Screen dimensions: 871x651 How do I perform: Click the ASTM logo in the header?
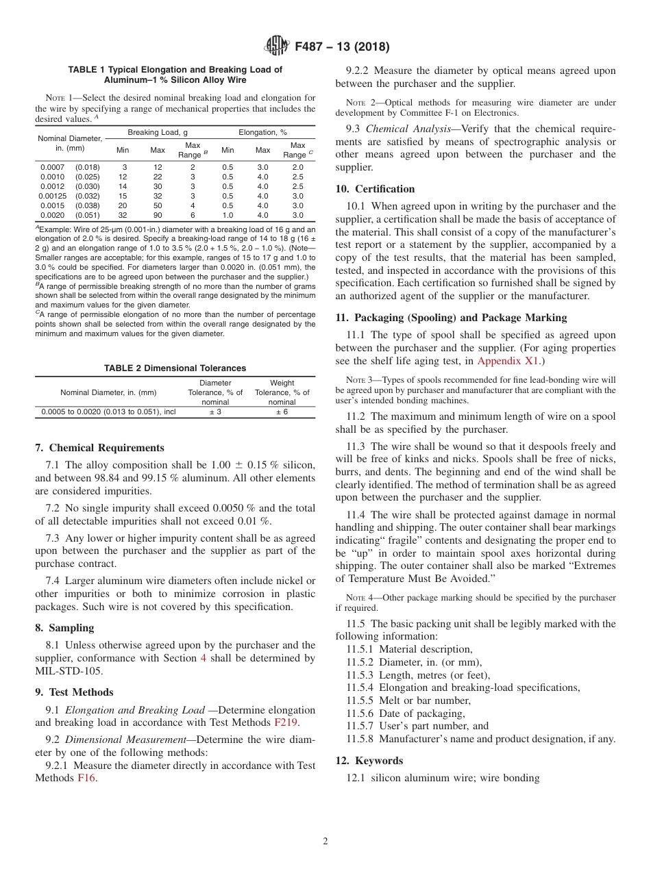[x=276, y=47]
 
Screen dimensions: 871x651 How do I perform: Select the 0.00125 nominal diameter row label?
[x=69, y=195]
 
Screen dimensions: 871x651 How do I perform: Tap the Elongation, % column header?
[x=263, y=131]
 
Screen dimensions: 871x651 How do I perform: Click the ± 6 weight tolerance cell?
[x=282, y=412]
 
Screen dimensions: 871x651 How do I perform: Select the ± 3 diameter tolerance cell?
[x=215, y=412]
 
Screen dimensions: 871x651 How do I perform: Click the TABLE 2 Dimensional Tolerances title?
[x=175, y=368]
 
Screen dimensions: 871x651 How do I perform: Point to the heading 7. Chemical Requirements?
[x=99, y=448]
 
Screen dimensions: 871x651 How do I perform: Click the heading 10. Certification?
[x=375, y=189]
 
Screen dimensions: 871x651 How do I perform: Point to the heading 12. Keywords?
[x=369, y=761]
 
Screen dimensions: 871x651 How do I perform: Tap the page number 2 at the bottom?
[x=325, y=842]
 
